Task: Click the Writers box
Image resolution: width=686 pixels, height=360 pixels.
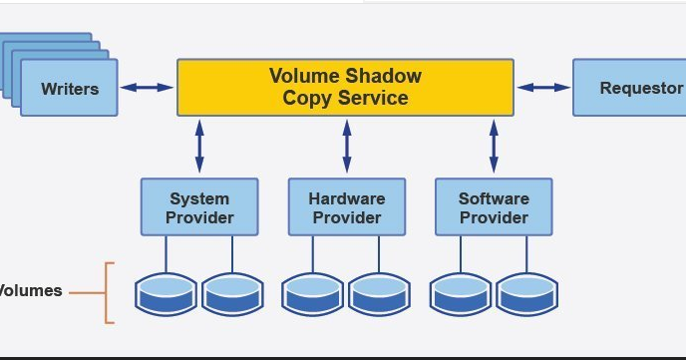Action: pyautogui.click(x=69, y=88)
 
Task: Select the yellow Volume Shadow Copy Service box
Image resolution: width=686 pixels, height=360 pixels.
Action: pyautogui.click(x=345, y=87)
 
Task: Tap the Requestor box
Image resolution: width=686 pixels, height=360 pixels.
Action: pyautogui.click(x=630, y=88)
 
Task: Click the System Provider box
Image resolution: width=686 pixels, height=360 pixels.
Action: pyautogui.click(x=199, y=207)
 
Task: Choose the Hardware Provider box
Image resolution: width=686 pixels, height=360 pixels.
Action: pyautogui.click(x=346, y=207)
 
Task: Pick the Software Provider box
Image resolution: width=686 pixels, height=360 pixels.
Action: pyautogui.click(x=494, y=207)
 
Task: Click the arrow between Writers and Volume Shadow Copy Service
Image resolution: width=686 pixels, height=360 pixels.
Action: pyautogui.click(x=148, y=88)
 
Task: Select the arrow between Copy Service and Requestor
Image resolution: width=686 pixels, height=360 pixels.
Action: pyautogui.click(x=543, y=88)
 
